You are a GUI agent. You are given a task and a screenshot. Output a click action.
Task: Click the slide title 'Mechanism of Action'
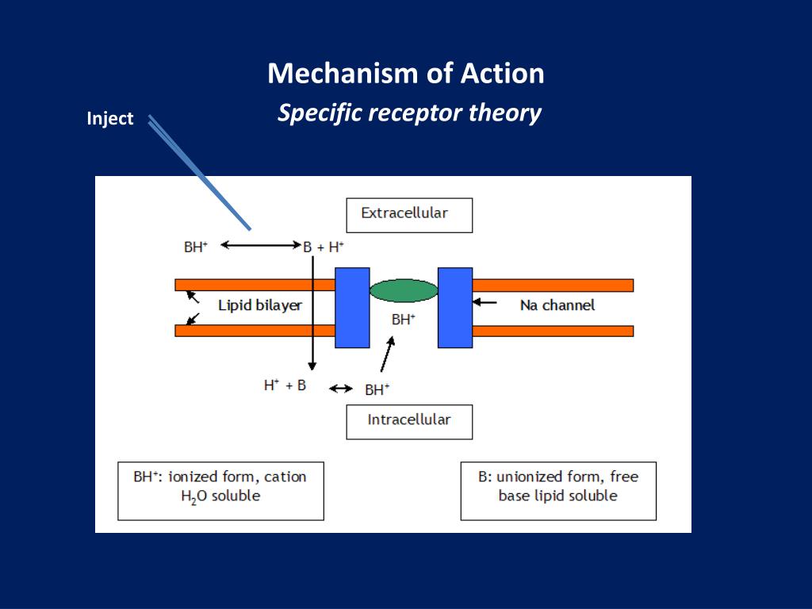point(406,73)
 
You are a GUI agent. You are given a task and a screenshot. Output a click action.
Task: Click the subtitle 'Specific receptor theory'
point(409,113)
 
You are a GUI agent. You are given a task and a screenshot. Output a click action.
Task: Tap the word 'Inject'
point(109,119)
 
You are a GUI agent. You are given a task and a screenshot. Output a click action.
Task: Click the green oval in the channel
point(404,290)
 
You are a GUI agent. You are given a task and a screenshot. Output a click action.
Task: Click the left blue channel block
point(352,308)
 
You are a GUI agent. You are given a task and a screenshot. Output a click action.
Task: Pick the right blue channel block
point(455,308)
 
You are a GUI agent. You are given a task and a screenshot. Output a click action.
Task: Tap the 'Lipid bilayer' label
point(260,305)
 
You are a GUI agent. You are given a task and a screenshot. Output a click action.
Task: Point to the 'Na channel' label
point(557,305)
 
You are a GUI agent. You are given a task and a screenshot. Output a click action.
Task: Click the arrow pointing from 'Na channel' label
point(485,302)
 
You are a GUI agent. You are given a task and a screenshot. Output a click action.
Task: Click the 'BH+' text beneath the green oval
point(404,320)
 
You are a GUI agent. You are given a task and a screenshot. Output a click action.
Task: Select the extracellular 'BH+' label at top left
point(196,247)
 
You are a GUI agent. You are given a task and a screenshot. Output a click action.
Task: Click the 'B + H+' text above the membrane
point(324,247)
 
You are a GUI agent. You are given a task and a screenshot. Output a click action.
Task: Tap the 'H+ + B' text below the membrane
point(285,385)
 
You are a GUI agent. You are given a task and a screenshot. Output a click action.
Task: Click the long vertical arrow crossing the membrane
point(312,313)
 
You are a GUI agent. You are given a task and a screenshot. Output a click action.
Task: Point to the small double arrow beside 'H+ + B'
point(341,389)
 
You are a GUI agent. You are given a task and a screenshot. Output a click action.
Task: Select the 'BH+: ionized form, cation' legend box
point(220,491)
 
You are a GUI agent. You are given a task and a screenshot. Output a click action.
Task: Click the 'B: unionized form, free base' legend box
point(558,491)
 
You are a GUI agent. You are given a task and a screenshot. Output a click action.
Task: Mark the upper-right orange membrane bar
point(553,285)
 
